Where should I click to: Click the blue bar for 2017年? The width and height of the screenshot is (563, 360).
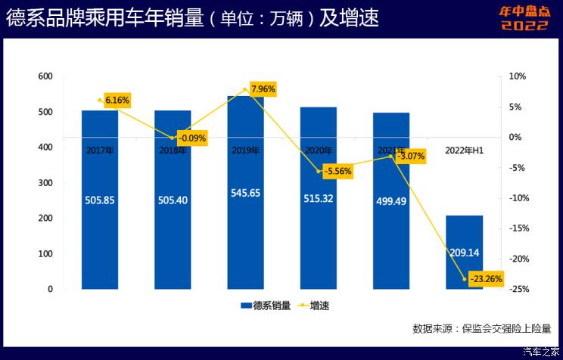(x=100, y=227)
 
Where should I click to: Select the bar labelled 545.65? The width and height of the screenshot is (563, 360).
(x=246, y=227)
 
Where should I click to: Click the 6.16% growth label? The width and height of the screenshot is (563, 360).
(x=117, y=100)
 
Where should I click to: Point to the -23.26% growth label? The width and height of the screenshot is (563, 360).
(x=485, y=278)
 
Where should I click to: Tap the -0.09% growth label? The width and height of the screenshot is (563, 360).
(x=191, y=138)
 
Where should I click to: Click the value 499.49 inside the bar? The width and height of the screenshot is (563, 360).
(x=391, y=202)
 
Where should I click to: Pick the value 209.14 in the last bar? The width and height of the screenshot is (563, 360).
(x=465, y=234)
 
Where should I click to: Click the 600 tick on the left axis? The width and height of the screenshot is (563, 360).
(x=45, y=76)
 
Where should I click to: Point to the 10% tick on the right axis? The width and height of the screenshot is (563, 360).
(x=517, y=76)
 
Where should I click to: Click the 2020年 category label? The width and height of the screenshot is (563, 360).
(x=319, y=151)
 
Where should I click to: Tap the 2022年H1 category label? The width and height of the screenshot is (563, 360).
(x=465, y=151)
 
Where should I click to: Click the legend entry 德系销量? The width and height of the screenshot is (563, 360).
(x=266, y=306)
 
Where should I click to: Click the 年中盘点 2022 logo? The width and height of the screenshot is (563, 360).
(x=524, y=18)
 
